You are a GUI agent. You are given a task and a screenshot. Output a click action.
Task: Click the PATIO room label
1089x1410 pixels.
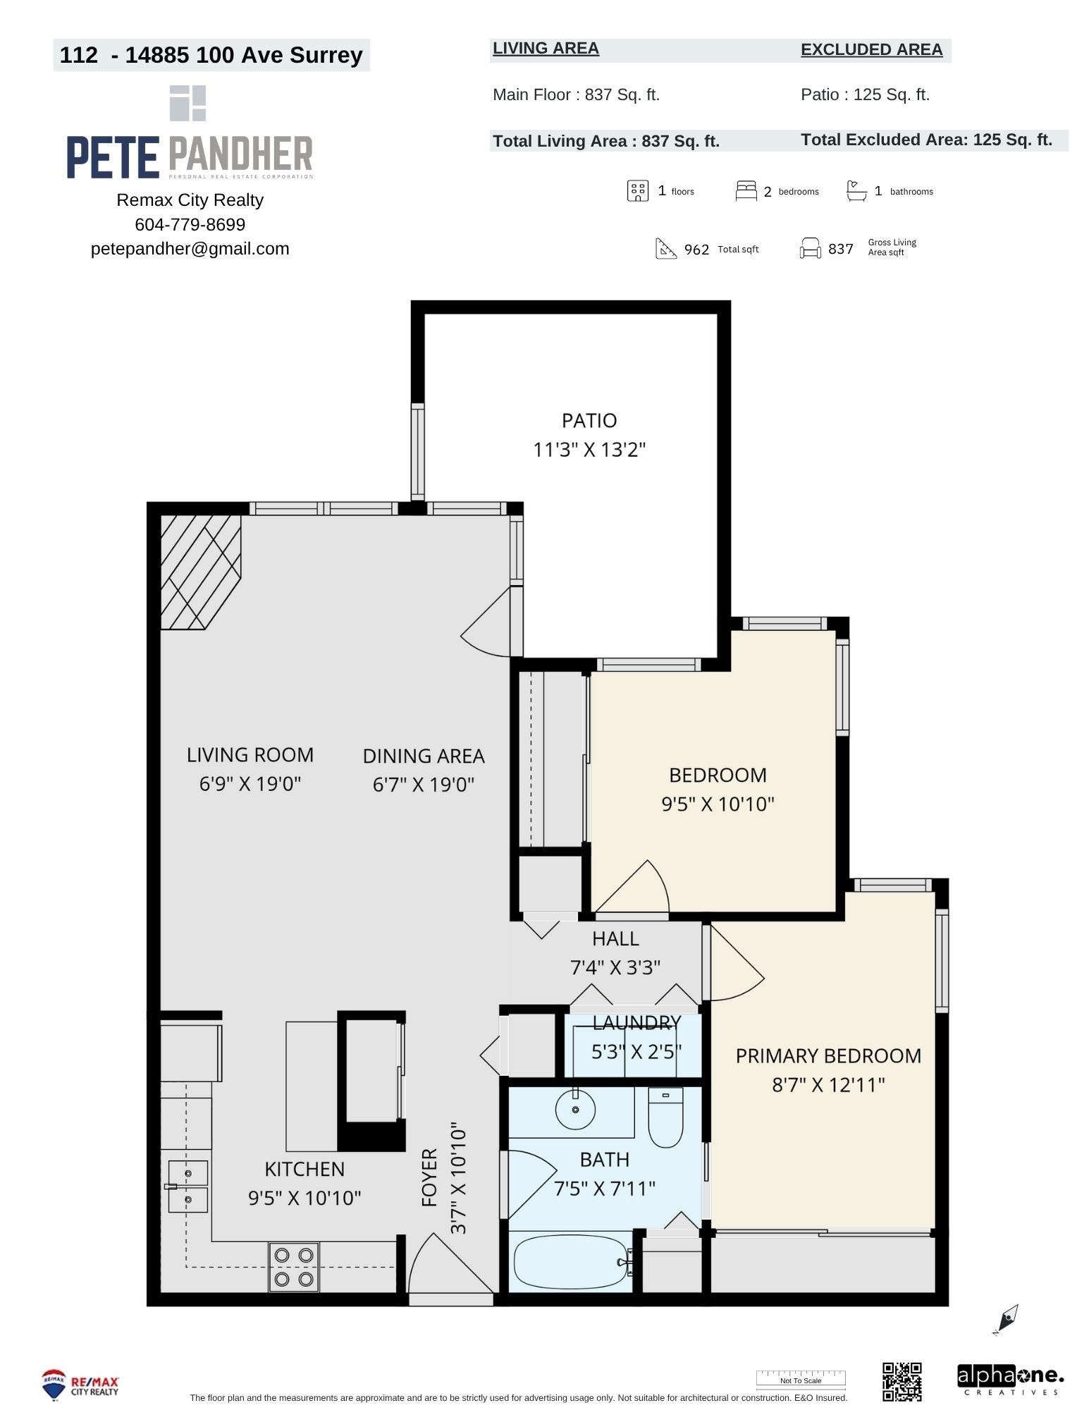tap(589, 420)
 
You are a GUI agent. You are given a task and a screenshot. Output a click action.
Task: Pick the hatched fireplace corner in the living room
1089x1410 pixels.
tap(201, 572)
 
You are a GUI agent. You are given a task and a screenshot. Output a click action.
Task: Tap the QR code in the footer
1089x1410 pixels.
tap(902, 1381)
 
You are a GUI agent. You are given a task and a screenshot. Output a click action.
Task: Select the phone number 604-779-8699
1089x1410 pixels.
tap(190, 224)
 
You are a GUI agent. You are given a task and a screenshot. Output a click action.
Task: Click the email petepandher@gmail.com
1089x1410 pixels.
tap(190, 249)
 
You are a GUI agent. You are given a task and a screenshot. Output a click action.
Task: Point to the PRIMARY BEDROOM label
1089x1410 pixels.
tap(828, 1055)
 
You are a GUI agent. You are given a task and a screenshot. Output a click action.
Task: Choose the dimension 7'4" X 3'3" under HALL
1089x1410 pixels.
tap(615, 967)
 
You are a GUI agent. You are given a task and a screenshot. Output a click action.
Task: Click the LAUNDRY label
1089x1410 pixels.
tap(636, 1022)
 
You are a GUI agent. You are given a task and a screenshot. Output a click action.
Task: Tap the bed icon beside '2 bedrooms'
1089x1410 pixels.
tap(746, 190)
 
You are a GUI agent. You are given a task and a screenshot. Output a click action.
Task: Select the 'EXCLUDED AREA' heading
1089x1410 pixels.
tap(871, 49)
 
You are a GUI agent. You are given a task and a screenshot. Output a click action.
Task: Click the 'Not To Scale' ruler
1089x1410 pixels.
tap(801, 1378)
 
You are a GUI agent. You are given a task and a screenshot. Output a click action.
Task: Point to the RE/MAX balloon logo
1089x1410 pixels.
tap(54, 1385)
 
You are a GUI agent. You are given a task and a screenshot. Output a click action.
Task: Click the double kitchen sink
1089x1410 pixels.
tap(188, 1187)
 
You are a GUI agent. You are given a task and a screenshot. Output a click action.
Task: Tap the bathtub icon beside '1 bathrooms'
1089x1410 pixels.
tap(856, 191)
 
